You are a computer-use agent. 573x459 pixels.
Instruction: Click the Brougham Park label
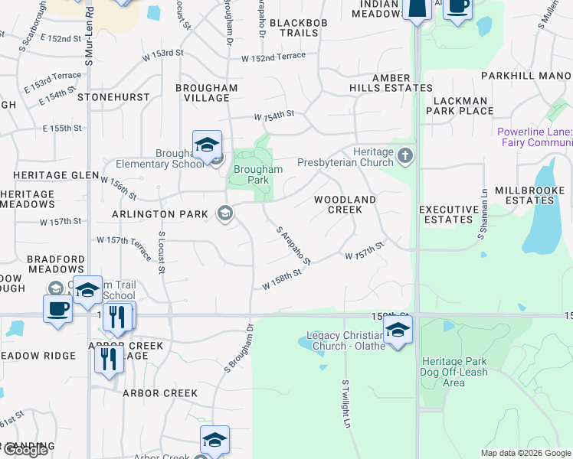[258, 174]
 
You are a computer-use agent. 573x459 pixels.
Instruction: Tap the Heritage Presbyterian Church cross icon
[405, 157]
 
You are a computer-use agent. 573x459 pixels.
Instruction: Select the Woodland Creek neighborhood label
[345, 204]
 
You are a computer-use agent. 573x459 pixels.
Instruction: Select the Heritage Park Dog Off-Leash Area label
[454, 371]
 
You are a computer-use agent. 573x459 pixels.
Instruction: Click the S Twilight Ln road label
[346, 403]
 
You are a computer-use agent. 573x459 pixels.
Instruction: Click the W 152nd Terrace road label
[273, 58]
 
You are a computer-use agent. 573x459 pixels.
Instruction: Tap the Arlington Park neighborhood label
[159, 214]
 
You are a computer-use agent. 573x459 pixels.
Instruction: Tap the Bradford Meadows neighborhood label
[55, 265]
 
